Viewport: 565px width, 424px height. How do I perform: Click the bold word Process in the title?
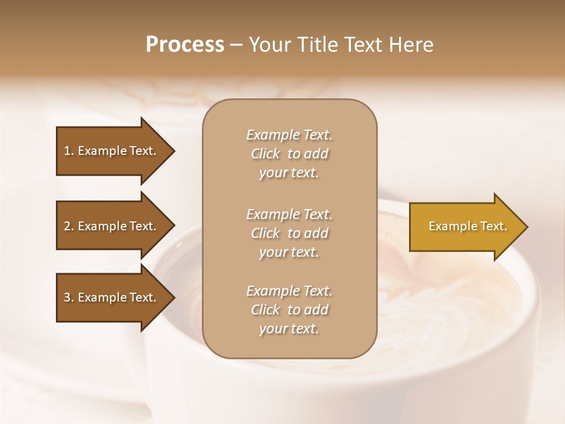point(185,45)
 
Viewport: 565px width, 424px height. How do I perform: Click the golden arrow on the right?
point(465,227)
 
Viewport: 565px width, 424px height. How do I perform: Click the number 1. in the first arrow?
point(69,151)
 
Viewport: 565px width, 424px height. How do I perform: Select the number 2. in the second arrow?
point(69,226)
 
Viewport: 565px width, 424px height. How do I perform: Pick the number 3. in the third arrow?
point(69,298)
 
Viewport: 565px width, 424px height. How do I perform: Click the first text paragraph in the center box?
point(289,154)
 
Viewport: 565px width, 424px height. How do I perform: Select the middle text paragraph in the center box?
point(289,233)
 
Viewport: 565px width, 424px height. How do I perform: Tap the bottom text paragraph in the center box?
point(289,310)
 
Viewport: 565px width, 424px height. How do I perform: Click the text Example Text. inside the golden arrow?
point(467,226)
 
